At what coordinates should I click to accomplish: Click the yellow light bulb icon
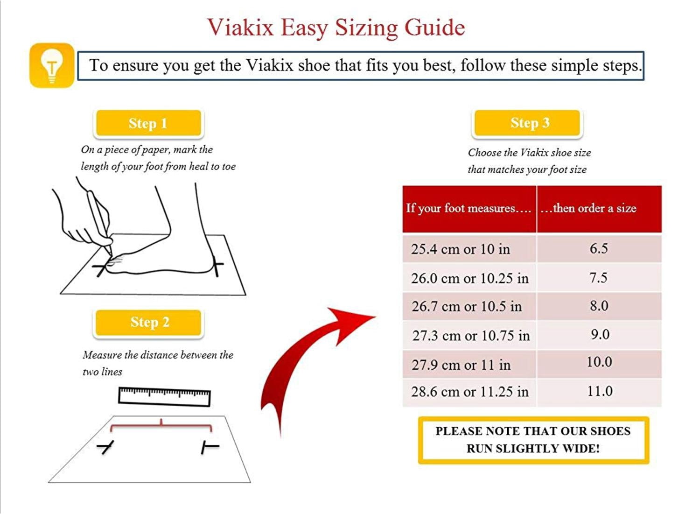(52, 65)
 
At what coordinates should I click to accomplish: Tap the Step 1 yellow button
(148, 123)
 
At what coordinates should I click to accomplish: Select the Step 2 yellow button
(149, 322)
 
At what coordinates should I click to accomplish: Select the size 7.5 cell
(598, 278)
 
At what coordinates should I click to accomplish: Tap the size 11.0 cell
(599, 391)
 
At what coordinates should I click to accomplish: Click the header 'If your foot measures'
(468, 208)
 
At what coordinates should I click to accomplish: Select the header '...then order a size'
(589, 208)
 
